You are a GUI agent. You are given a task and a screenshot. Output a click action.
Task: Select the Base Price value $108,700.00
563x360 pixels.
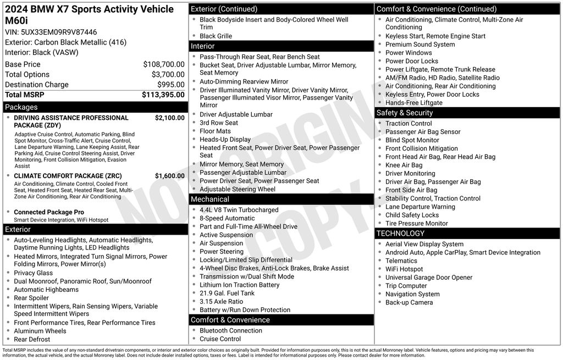(x=164, y=64)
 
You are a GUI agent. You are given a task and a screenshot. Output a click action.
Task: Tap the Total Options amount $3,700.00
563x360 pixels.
(x=168, y=74)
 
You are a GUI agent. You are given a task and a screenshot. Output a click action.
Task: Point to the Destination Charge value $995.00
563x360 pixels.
(x=172, y=85)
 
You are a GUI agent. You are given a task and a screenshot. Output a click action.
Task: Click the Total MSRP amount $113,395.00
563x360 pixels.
(x=163, y=95)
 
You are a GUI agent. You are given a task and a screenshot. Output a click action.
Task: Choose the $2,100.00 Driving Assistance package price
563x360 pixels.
(x=169, y=118)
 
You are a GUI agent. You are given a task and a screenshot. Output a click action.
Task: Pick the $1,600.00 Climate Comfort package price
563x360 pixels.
(x=169, y=176)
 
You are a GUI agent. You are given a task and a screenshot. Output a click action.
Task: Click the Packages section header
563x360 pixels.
(x=21, y=107)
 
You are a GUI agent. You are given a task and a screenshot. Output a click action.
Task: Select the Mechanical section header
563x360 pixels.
(x=209, y=199)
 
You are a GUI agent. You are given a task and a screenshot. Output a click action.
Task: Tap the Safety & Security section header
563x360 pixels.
(x=404, y=113)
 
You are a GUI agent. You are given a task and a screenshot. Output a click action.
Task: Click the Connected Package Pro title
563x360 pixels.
(x=49, y=212)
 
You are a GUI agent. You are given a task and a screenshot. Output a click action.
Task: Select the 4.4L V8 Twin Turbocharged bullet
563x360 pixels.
(x=239, y=210)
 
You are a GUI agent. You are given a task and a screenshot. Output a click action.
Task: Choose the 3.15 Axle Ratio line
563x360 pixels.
(x=221, y=301)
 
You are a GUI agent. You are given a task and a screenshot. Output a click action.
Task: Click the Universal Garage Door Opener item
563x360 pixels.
(x=428, y=278)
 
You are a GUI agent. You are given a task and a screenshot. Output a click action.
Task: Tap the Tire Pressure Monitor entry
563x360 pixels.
(x=416, y=223)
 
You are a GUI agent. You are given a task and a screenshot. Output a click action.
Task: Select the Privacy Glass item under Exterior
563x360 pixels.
(x=33, y=273)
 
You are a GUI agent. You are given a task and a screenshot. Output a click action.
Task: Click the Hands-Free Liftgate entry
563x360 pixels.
(x=413, y=103)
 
